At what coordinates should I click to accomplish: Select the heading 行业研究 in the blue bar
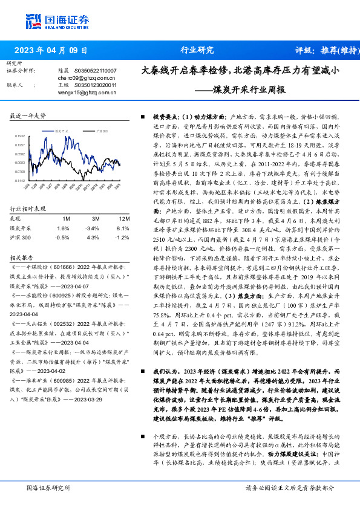click(197, 50)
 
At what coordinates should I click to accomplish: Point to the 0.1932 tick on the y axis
click(19, 137)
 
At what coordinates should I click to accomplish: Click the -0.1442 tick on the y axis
click(19, 180)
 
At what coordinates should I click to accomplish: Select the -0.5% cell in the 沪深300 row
click(63, 238)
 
